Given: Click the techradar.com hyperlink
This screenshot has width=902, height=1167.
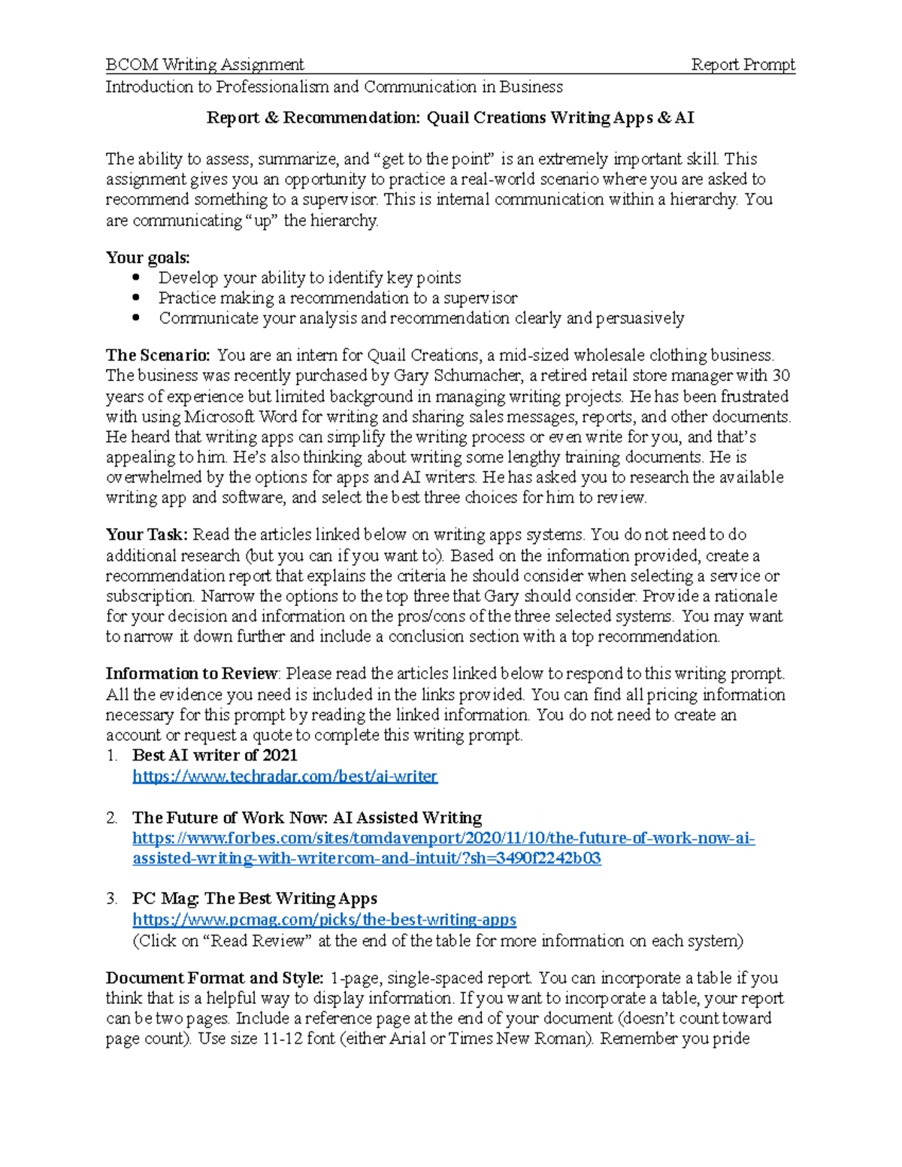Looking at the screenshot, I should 284,776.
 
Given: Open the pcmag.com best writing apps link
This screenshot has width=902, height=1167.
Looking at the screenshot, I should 324,920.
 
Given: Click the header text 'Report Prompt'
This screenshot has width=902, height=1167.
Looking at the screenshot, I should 743,65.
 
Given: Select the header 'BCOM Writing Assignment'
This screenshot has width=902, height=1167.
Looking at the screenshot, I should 204,65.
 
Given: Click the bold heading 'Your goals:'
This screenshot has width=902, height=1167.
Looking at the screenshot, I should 147,258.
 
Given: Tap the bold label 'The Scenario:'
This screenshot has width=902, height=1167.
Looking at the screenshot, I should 158,355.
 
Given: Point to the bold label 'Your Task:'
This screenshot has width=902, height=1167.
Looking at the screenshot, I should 147,535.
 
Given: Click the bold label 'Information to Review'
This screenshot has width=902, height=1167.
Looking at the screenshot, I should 192,674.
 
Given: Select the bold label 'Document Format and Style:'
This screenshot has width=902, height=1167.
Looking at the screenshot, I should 214,978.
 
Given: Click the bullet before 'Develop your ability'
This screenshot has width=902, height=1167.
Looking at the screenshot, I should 136,277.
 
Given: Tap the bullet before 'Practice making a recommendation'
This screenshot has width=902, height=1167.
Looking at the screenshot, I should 136,298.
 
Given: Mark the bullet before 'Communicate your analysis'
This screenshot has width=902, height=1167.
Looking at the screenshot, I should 136,318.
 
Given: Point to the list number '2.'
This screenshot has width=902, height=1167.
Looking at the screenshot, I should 112,818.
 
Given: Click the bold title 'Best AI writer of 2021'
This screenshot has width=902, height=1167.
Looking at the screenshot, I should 214,755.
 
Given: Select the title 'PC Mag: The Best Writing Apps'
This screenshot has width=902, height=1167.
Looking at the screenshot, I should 254,899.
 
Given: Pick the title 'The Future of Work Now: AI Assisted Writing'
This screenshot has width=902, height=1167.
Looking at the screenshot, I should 307,818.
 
